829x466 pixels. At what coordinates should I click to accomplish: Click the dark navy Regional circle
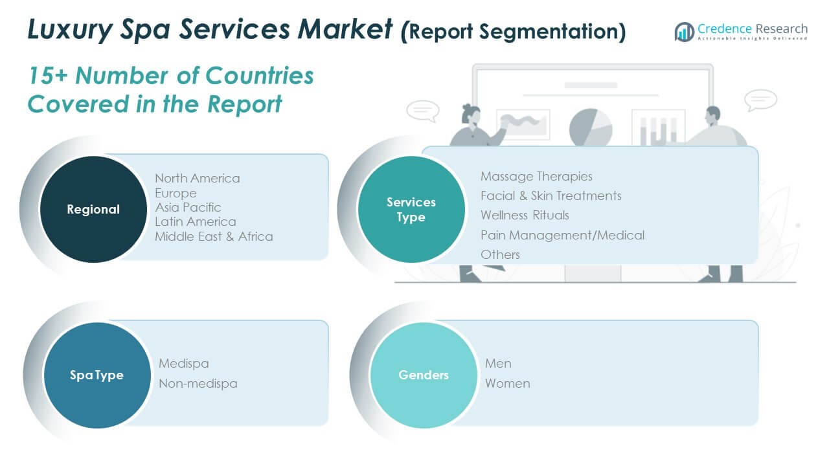93,209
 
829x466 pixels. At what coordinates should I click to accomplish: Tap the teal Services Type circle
411,209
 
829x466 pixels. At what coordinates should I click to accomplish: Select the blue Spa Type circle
97,375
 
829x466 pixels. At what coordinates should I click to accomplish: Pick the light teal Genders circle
424,375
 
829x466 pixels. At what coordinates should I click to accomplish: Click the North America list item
197,178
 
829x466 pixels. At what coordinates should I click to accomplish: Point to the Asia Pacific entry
188,207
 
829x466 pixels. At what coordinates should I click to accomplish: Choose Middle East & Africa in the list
214,236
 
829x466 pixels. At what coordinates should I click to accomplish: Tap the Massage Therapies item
536,176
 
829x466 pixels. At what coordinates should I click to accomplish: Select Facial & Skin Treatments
551,195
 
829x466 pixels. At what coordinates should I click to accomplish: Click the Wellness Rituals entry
525,215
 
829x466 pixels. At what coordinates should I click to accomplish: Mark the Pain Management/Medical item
562,235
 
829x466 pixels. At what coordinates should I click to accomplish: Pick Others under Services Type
500,254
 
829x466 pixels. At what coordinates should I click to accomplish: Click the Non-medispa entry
198,383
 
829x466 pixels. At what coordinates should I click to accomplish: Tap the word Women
507,383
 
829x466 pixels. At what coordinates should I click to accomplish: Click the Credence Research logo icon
684,31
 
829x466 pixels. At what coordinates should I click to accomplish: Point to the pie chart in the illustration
590,127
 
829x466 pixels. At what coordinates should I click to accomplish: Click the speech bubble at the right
760,100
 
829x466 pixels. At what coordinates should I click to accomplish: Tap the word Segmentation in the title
545,31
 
